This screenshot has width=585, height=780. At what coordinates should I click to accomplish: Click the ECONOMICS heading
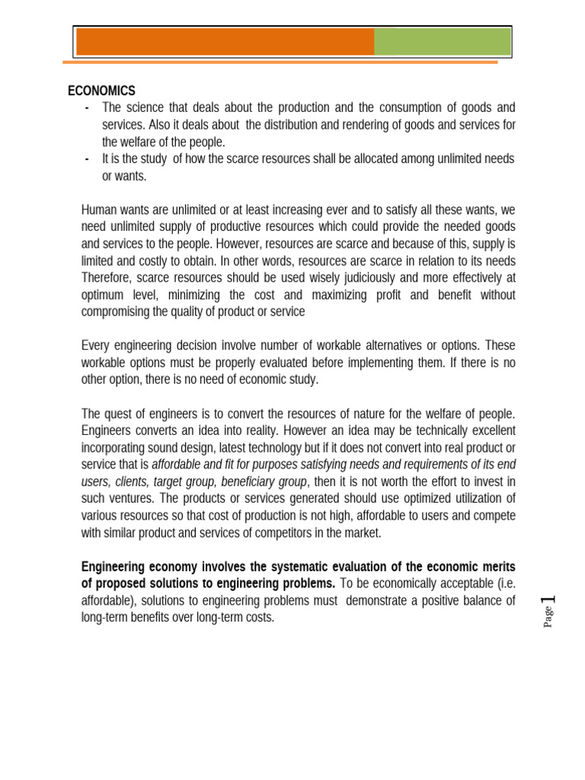click(101, 91)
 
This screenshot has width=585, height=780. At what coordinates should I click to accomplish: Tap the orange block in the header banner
click(225, 42)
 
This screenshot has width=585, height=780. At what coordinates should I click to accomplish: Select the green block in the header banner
click(442, 42)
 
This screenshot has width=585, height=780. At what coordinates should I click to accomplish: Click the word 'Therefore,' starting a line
click(106, 278)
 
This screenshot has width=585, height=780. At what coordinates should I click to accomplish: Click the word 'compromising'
click(119, 312)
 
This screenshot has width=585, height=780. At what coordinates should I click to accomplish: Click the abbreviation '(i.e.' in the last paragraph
click(502, 583)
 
